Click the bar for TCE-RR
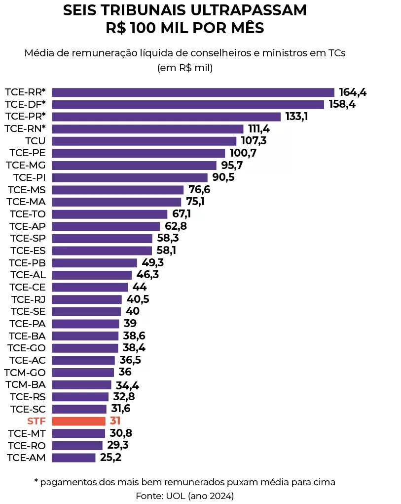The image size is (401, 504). click(193, 92)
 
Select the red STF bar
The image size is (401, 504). click(78, 421)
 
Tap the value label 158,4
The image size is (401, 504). click(342, 105)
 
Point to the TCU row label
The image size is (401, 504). click(35, 141)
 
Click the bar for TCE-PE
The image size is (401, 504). click(138, 153)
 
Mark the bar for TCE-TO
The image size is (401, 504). click(109, 214)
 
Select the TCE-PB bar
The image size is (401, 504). click(94, 263)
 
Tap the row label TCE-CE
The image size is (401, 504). click(27, 287)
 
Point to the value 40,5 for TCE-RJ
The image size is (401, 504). click(138, 299)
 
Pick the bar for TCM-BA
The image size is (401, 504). click(81, 384)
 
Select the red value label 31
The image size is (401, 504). click(115, 421)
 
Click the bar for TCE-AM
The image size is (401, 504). click(73, 458)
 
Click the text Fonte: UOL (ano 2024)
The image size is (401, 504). click(184, 495)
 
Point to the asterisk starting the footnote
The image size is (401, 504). click(36, 481)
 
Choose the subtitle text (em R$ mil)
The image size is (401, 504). click(184, 68)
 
